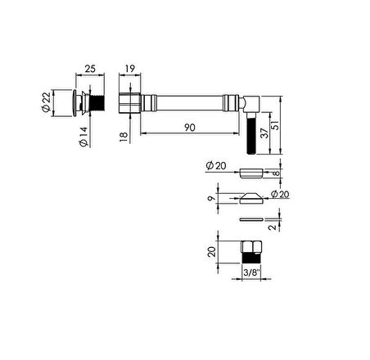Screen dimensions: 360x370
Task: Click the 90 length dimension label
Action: point(188,126)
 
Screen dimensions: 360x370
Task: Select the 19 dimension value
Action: point(130,68)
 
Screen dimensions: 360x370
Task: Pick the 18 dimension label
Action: point(124,136)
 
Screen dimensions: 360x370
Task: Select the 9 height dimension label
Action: point(212,198)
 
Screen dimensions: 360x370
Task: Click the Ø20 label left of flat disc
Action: point(215,165)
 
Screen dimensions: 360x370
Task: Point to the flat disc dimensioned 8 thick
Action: point(250,173)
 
